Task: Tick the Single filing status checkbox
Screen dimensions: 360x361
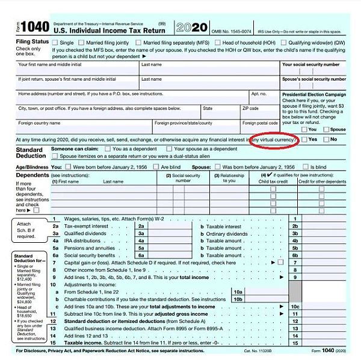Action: click(x=55, y=43)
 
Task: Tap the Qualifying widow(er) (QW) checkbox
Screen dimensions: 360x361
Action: click(x=283, y=43)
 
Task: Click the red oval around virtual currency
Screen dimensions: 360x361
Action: click(x=274, y=139)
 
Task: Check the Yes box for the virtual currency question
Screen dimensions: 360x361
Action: click(x=304, y=139)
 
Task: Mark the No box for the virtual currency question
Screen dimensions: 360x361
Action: click(x=326, y=139)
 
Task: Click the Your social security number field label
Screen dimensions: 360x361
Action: click(x=313, y=64)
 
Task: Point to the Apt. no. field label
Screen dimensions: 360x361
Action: click(x=259, y=94)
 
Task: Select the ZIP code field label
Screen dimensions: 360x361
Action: click(x=250, y=109)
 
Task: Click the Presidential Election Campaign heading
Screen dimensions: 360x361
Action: click(x=313, y=94)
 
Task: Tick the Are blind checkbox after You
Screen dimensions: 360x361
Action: click(x=156, y=166)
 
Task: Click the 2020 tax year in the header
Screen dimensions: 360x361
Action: click(x=192, y=28)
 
